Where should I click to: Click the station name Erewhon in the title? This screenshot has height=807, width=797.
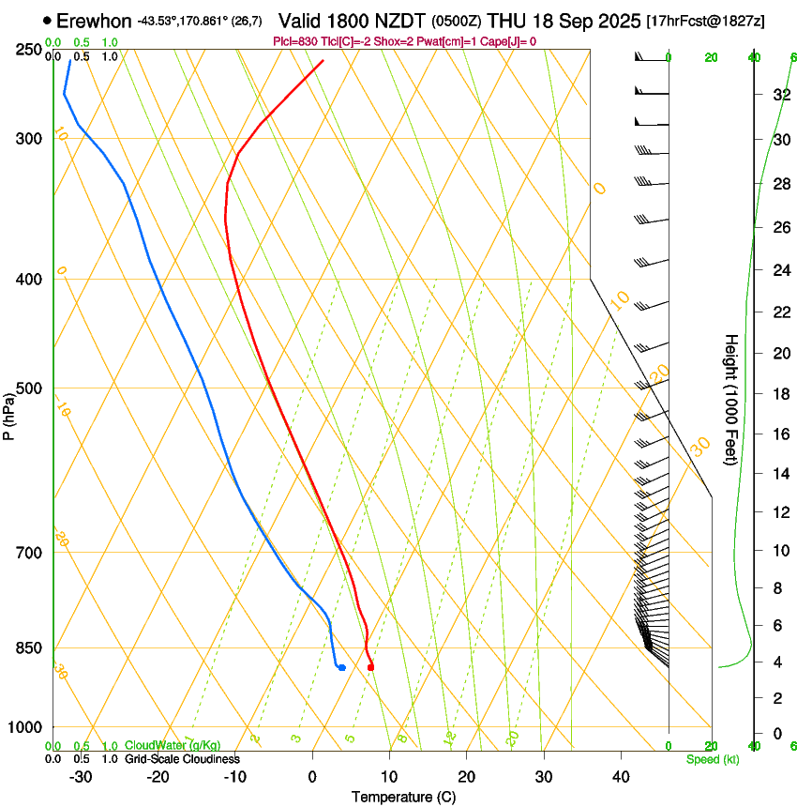(x=94, y=21)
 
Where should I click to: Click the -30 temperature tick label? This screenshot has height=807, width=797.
(x=81, y=776)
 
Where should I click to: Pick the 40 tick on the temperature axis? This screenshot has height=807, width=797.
(x=621, y=776)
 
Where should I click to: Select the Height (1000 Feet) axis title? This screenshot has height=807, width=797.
(x=731, y=400)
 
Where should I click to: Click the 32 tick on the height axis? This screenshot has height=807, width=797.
(x=780, y=95)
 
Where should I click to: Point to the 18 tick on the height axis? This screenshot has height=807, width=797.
(x=780, y=394)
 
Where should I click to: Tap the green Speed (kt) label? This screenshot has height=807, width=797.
(x=712, y=759)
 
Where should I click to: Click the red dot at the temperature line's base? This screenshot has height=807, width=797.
(x=371, y=667)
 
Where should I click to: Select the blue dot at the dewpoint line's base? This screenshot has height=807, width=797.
(x=341, y=667)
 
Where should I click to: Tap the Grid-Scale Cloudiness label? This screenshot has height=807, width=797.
(x=182, y=759)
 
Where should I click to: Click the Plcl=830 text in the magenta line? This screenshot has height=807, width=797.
(x=294, y=41)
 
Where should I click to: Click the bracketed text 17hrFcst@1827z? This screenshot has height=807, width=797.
(x=705, y=21)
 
